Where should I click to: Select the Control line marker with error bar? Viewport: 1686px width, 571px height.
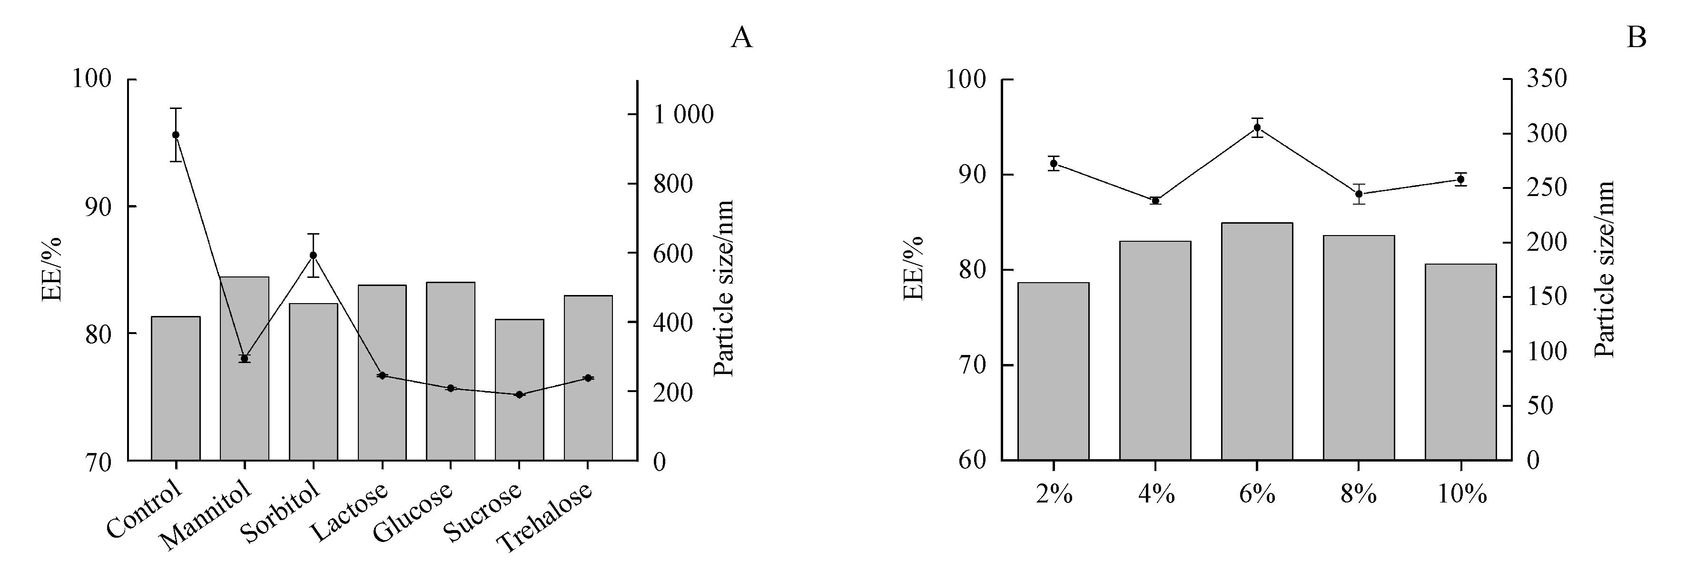(176, 135)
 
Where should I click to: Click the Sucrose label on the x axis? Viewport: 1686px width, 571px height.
(483, 516)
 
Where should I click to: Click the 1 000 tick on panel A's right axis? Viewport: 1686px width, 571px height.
(684, 115)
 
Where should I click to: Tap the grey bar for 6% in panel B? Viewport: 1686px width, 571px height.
(1257, 341)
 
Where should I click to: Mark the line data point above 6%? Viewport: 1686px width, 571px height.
(1257, 127)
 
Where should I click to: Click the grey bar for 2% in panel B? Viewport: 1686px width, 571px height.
(1053, 371)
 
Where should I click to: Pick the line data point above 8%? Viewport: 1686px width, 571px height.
(1359, 194)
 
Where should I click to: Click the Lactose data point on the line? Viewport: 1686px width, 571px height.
(382, 375)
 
